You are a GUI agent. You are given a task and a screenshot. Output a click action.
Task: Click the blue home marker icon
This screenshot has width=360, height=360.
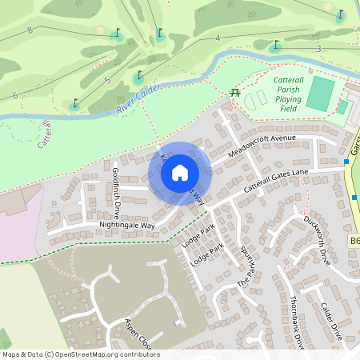click(x=180, y=173)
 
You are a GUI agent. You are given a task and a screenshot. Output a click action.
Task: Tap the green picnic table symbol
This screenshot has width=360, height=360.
click(x=235, y=93)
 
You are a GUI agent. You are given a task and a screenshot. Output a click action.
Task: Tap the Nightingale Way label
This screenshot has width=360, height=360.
click(x=126, y=226)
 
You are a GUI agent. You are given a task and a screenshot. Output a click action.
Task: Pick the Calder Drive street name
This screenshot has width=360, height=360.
click(x=332, y=321)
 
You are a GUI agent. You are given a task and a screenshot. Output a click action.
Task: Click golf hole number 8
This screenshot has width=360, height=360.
click(x=30, y=30)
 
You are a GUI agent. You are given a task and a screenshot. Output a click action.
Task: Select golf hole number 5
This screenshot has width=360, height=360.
click(x=106, y=80)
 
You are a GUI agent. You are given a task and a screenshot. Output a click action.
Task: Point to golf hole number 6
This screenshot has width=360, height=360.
click(x=14, y=95)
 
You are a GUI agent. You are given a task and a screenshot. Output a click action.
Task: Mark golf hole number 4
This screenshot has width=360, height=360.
click(x=217, y=38)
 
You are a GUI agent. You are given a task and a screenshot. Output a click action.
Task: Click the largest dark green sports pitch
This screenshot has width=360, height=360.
click(x=321, y=94)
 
